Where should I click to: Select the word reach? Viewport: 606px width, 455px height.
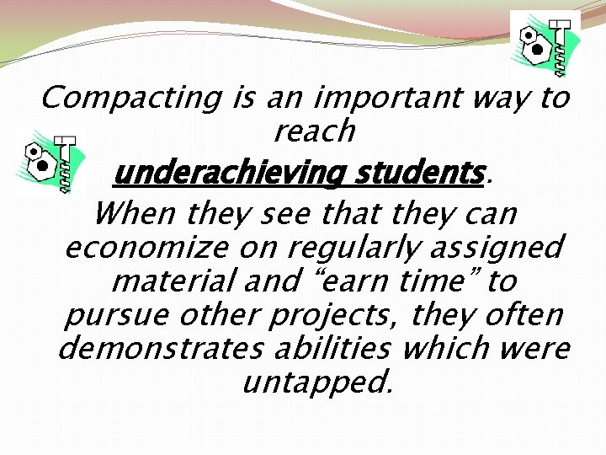pos(315,131)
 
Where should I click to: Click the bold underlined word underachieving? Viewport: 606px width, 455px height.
pos(228,174)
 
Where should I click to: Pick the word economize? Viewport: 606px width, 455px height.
pos(146,248)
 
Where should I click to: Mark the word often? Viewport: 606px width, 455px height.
pos(523,314)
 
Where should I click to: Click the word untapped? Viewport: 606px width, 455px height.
pos(316,383)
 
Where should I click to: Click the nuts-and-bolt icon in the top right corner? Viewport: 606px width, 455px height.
pos(545,45)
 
